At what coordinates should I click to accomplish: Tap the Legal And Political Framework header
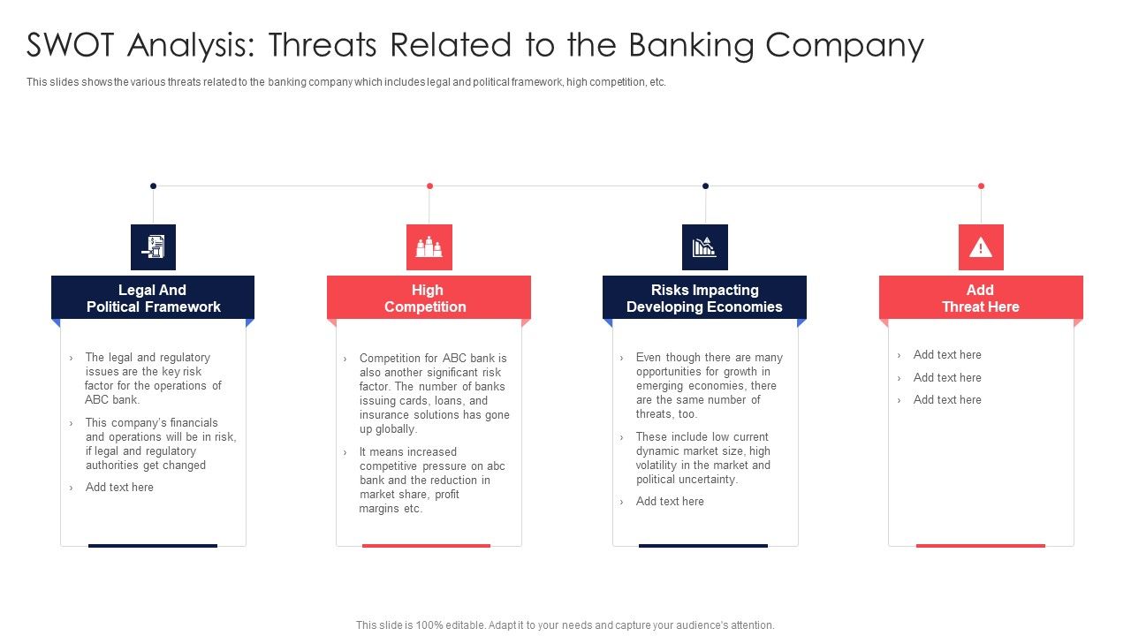(153, 298)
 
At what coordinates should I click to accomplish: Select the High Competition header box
(429, 298)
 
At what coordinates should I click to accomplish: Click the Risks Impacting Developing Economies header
(704, 298)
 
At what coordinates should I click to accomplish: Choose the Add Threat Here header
(980, 298)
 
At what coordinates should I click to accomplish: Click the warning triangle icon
(981, 247)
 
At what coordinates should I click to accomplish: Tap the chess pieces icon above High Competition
(429, 247)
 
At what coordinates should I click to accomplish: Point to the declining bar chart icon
(704, 247)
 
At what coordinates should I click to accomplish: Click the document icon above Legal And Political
(153, 247)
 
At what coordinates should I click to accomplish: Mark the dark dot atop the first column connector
(153, 185)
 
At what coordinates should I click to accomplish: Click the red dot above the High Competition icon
(429, 185)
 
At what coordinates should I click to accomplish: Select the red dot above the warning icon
(981, 185)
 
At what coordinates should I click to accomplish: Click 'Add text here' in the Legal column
(119, 488)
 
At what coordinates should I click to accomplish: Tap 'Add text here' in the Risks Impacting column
(670, 502)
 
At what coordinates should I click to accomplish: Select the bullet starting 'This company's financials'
(159, 444)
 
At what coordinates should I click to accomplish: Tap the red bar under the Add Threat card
(980, 546)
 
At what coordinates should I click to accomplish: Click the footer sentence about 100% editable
(565, 625)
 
